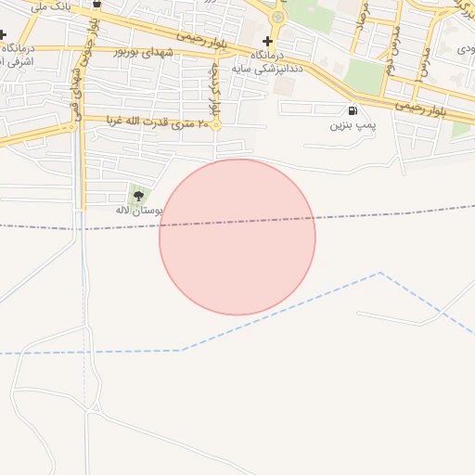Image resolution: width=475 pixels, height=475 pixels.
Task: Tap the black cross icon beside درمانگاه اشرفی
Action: click(3, 36)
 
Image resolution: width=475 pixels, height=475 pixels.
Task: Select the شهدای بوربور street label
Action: click(144, 52)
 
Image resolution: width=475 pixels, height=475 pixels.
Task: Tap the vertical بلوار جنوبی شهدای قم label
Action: click(91, 65)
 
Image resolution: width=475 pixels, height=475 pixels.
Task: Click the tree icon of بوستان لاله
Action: click(139, 195)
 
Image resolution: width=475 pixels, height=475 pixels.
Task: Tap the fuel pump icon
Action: click(352, 111)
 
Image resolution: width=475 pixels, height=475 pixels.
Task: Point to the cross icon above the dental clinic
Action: click(267, 41)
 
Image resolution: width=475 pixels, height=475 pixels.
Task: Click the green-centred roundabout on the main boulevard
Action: click(277, 17)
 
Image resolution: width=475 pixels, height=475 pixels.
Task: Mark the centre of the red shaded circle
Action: click(237, 237)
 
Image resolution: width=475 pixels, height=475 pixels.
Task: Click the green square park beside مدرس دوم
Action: click(366, 76)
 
